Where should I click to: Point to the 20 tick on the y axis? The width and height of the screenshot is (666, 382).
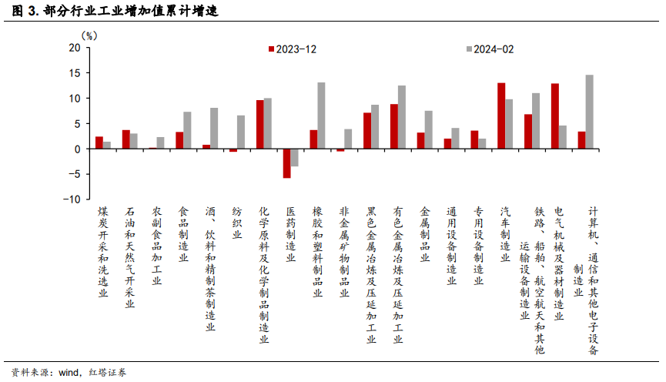(x=75, y=48)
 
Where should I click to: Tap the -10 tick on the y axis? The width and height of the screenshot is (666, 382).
(x=72, y=199)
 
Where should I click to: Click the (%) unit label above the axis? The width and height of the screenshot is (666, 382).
(x=90, y=35)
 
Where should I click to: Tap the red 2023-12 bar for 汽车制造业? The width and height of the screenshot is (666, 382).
(x=501, y=116)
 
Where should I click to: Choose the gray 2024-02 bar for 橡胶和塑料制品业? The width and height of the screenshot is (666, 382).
(x=321, y=116)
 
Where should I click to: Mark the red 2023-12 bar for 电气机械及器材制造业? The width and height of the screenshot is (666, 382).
(x=555, y=116)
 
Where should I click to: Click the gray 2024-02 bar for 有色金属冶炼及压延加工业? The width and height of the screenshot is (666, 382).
(x=402, y=117)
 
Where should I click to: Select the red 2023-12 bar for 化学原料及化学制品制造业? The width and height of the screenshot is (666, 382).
(x=260, y=124)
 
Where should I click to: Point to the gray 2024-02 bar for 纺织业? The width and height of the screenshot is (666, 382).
(x=241, y=132)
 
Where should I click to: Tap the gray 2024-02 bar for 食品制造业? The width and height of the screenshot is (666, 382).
(x=187, y=130)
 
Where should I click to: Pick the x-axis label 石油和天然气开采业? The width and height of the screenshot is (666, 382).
(x=129, y=256)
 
